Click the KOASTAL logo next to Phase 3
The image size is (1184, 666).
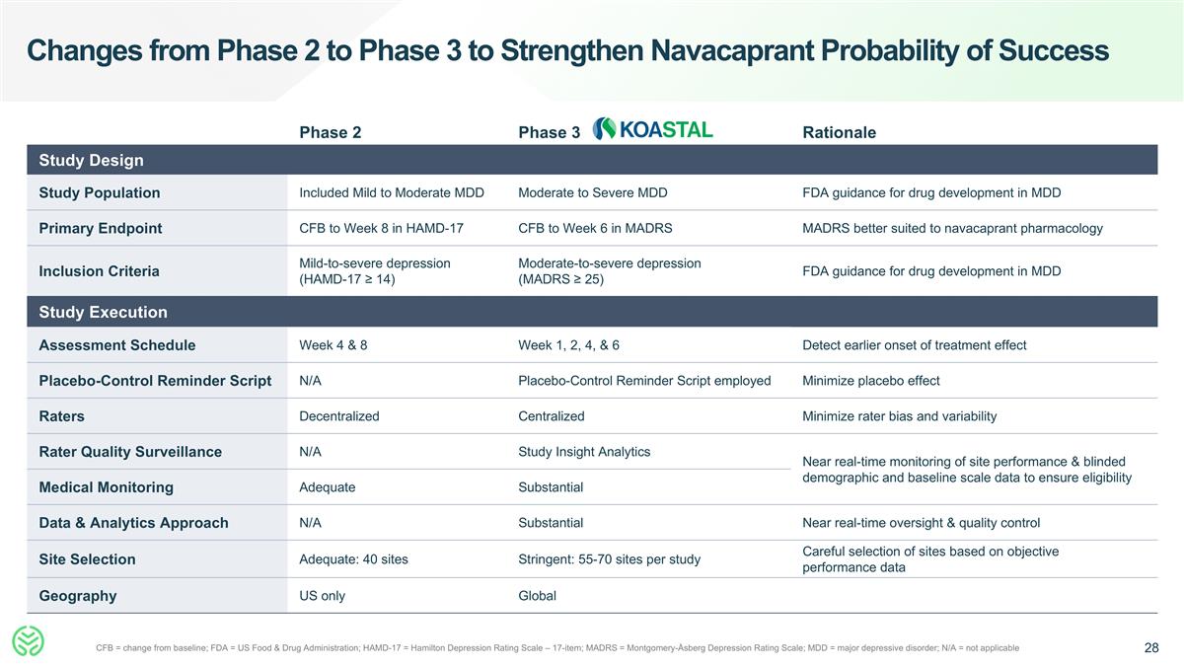tap(652, 129)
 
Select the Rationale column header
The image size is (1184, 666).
tap(839, 132)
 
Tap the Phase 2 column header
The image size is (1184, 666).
tap(330, 132)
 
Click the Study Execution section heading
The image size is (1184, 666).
tap(103, 312)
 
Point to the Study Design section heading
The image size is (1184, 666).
tap(91, 160)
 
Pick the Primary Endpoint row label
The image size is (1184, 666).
tap(100, 228)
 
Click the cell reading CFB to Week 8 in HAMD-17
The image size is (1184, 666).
tap(381, 228)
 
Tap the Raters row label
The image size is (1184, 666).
tap(61, 416)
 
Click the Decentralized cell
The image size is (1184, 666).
tap(338, 416)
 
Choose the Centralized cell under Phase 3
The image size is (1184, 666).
tap(551, 416)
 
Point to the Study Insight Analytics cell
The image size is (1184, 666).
tap(584, 452)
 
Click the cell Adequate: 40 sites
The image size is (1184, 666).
tap(353, 559)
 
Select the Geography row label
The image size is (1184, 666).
tap(77, 596)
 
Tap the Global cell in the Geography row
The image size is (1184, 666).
tap(537, 596)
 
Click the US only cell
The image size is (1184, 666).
tap(322, 596)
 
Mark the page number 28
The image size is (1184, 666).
tap(1151, 648)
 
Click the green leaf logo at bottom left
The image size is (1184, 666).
tap(28, 641)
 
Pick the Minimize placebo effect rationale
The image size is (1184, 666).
tap(871, 381)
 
